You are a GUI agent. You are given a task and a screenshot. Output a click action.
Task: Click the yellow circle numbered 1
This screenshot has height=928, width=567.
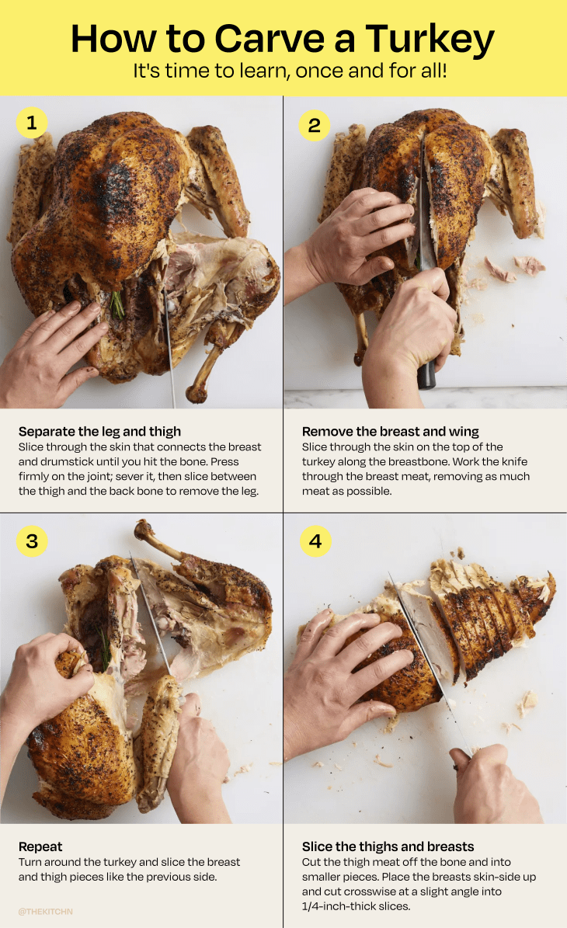32,123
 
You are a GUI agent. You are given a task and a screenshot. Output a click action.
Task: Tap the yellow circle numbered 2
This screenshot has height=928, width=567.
315,125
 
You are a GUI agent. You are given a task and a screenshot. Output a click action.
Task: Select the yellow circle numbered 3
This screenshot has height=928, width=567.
32,540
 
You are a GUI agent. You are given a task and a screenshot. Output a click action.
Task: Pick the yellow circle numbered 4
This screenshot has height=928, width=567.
315,540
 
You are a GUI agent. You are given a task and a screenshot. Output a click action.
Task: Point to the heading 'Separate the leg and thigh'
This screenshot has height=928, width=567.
99,431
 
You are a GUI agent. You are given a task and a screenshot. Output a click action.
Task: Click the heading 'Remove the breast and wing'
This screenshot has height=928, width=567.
390,431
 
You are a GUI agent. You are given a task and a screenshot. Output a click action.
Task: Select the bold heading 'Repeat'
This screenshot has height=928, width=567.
40,846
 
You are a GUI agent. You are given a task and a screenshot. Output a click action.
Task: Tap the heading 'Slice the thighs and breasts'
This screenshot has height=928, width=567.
388,846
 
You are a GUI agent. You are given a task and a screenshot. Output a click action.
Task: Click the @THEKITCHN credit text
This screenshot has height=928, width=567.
45,911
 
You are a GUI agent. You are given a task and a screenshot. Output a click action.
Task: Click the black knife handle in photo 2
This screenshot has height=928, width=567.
426,374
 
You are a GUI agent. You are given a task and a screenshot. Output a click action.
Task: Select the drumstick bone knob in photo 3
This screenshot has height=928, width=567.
144,530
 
